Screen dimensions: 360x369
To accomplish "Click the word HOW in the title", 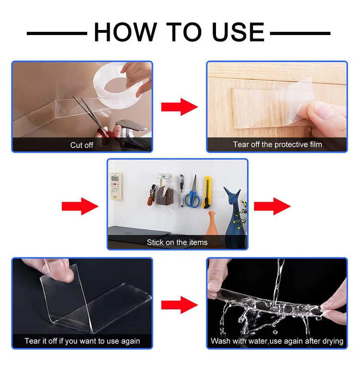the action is (125, 32).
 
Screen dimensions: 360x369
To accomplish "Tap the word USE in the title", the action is (238, 32).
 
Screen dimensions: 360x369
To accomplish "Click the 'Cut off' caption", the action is (82, 145).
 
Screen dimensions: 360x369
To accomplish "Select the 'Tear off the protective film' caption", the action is (277, 144).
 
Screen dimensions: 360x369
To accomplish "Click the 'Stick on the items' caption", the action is (177, 242).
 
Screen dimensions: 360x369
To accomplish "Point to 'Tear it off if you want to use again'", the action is (82, 341).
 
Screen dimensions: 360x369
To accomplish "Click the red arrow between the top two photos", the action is (180, 107).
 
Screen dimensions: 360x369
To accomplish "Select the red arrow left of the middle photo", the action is (80, 206).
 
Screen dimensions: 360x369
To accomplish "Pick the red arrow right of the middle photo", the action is (272, 206).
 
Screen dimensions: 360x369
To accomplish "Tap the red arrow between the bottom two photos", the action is (180, 305).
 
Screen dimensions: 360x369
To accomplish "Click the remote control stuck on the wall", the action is (116, 186).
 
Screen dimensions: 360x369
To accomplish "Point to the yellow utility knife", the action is (207, 192).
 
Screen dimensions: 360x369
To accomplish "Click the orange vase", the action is (211, 224).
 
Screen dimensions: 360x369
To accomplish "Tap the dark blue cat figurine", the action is (233, 216).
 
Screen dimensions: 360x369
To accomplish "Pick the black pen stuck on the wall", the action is (182, 190).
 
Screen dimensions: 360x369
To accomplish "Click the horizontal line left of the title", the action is (57, 34).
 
